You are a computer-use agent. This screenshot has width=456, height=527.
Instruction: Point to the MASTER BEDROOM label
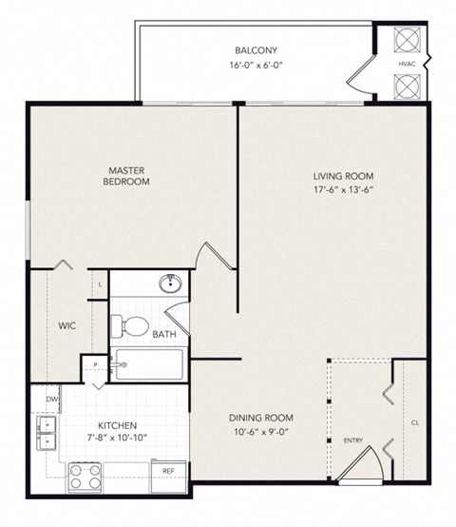(128, 176)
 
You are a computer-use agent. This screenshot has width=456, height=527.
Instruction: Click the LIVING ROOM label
(344, 176)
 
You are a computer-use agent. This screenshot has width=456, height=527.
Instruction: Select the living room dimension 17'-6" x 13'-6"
(344, 191)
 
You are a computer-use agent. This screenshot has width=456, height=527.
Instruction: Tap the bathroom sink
(171, 283)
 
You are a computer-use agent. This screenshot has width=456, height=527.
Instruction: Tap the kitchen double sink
(44, 433)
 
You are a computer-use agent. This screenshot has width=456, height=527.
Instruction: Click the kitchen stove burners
(83, 476)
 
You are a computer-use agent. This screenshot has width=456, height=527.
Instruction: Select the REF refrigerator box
(168, 471)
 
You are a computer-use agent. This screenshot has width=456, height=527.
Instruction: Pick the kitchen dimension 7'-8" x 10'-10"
(115, 439)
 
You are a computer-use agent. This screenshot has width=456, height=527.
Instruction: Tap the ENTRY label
(352, 441)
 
